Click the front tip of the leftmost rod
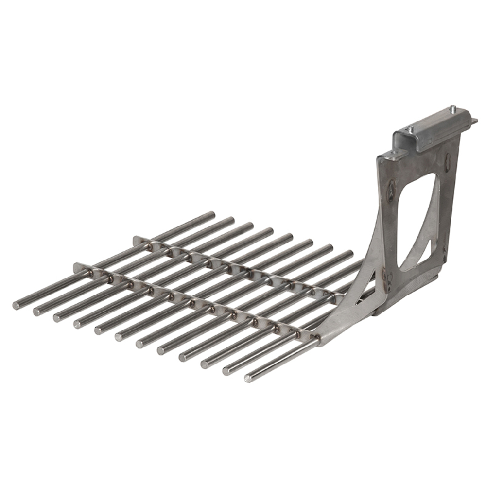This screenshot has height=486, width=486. pyautogui.click(x=16, y=305)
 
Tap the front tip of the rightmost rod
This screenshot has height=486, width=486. pyautogui.click(x=248, y=378)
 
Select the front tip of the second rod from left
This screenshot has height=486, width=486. pyautogui.click(x=36, y=312)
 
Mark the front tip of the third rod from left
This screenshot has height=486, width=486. pyautogui.click(x=57, y=318)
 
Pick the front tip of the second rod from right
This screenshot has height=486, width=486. pyautogui.click(x=226, y=371)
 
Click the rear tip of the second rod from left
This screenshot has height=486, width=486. pyautogui.click(x=231, y=220)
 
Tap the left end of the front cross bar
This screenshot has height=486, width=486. pyautogui.click(x=77, y=266)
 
